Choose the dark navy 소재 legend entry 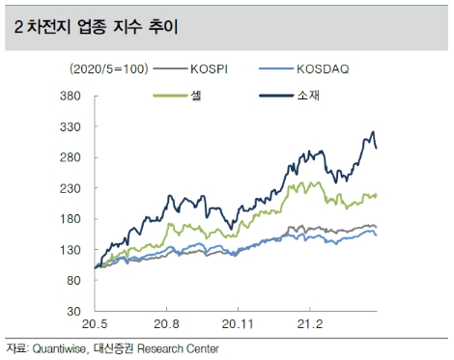(x=310, y=95)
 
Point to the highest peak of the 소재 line (x=373, y=132)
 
